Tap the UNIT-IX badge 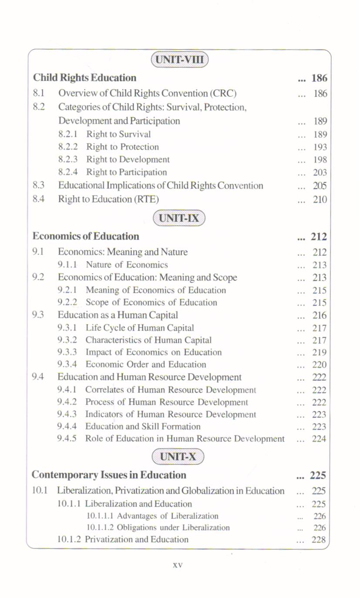coord(179,218)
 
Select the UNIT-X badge coord(178,457)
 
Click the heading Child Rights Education coord(85,78)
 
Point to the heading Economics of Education coord(86,236)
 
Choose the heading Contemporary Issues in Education coord(109,474)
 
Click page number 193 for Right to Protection coord(320,147)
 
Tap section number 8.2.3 coord(67,160)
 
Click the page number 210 coord(320,200)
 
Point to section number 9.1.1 coord(67,265)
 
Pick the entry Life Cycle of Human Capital coord(140,328)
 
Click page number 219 coord(320,353)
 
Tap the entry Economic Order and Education coord(146,365)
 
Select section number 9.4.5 coord(67,439)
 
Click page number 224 coord(320,439)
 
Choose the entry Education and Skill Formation coord(143,427)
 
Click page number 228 coord(320,540)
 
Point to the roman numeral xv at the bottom coord(178,565)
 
